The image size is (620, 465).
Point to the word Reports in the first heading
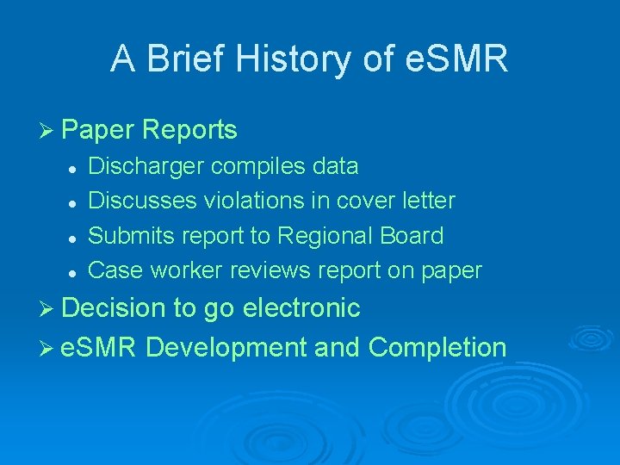tap(189, 130)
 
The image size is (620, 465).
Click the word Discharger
tap(146, 165)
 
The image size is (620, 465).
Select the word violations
tap(257, 201)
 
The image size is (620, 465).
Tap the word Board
tap(414, 236)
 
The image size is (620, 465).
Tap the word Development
tap(226, 347)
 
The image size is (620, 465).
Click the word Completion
tap(437, 347)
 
